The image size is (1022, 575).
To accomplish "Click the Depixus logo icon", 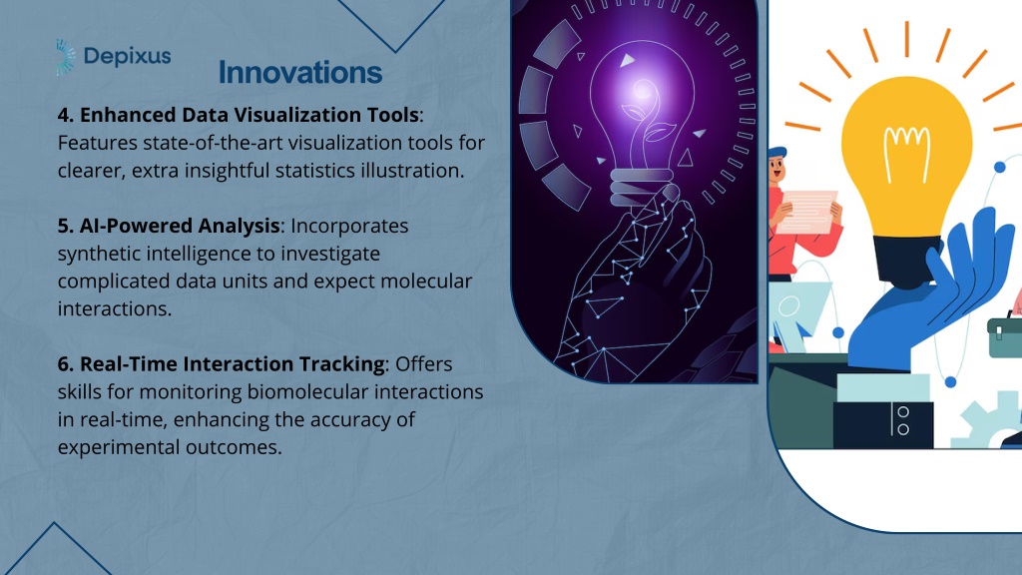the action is click(65, 57).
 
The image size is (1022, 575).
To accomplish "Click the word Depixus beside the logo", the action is click(128, 57).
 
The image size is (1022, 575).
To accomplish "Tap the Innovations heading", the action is click(300, 72).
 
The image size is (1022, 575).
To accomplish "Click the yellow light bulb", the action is click(906, 157).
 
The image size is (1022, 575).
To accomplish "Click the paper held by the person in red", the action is click(806, 212).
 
